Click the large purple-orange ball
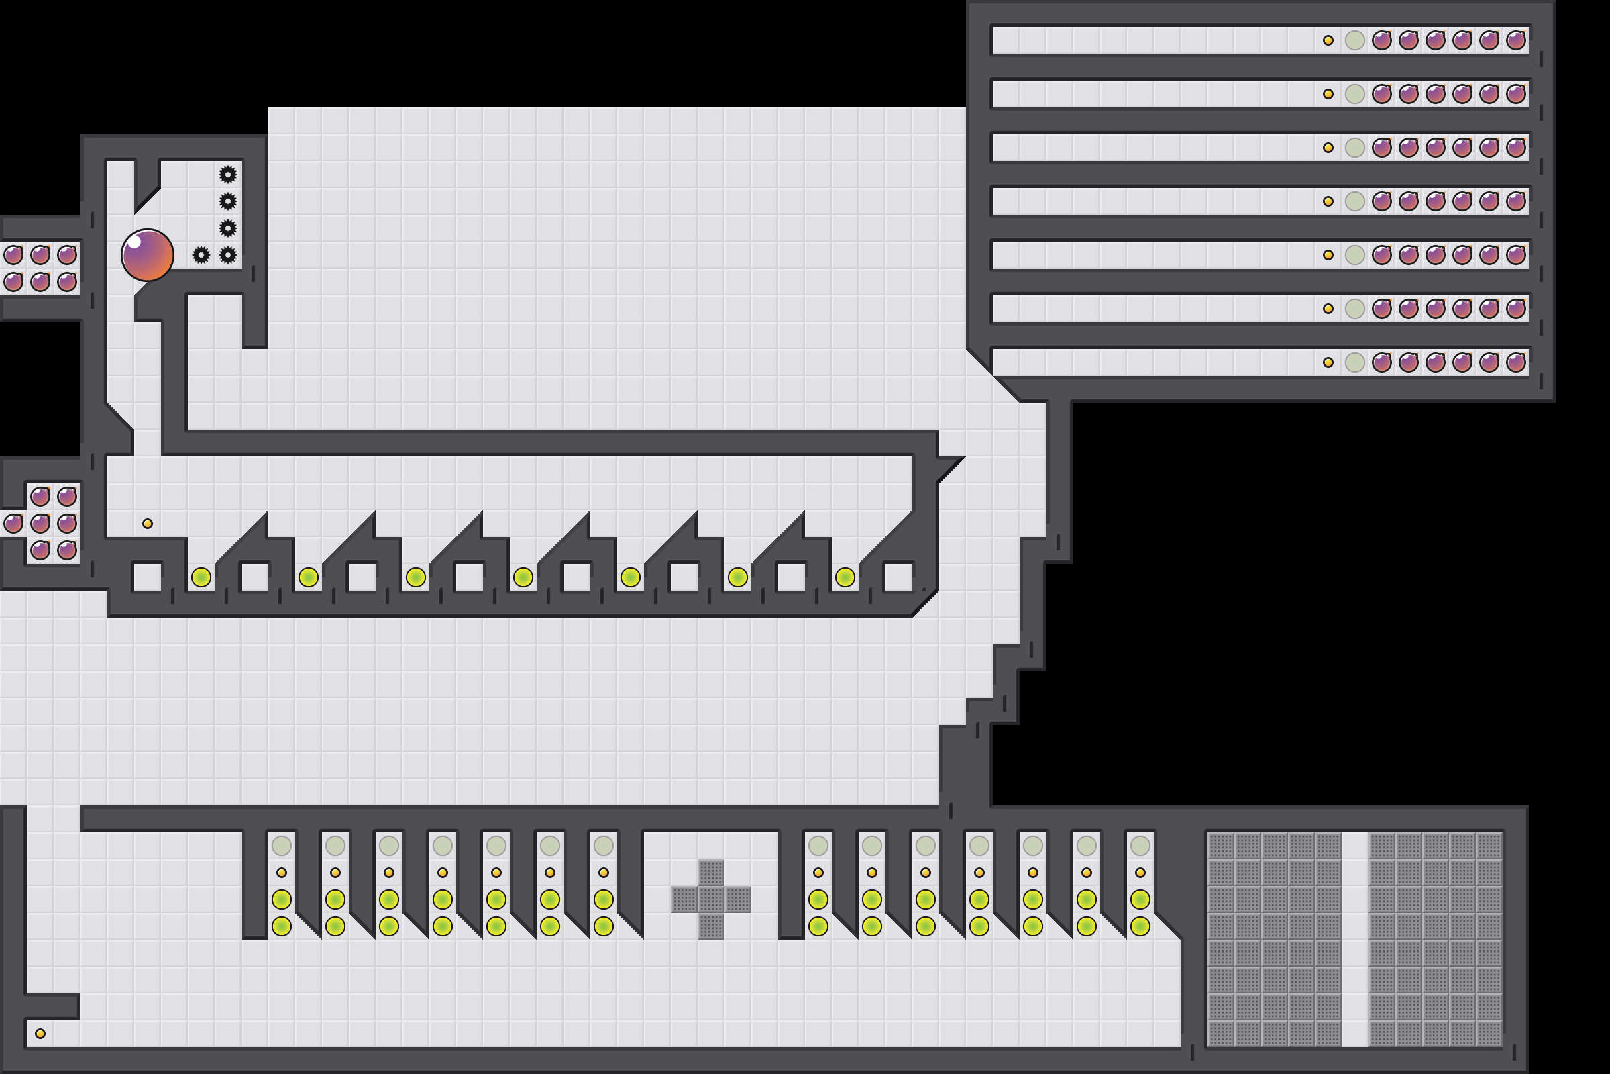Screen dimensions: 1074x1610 [x=147, y=255]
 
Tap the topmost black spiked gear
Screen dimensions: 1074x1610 [x=228, y=174]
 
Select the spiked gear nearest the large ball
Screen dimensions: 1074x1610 [x=201, y=255]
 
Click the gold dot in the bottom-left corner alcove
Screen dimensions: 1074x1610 [x=40, y=1034]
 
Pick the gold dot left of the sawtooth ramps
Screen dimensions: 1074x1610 [x=147, y=524]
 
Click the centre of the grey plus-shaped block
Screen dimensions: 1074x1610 [x=711, y=899]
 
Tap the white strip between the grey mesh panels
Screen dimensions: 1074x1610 [x=1354, y=940]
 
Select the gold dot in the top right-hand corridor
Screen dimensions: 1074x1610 [x=1328, y=40]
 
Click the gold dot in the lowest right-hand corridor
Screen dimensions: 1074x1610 [x=1328, y=362]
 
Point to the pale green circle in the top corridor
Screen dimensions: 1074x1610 [x=1354, y=40]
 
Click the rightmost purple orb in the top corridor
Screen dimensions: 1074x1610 [x=1515, y=40]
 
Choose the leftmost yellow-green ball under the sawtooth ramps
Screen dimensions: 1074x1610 [x=201, y=577]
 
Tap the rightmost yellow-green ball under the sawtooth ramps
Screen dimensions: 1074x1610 [x=845, y=577]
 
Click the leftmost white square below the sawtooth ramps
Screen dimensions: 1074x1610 [x=147, y=577]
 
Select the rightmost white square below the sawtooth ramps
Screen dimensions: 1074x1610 [x=899, y=577]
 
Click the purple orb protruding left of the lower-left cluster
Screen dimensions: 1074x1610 [x=13, y=524]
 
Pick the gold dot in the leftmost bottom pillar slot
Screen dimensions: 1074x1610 [x=281, y=873]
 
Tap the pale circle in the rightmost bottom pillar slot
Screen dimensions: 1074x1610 [x=1140, y=846]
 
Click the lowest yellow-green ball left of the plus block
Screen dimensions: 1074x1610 [x=603, y=926]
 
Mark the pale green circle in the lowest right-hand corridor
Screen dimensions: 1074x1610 [x=1354, y=362]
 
